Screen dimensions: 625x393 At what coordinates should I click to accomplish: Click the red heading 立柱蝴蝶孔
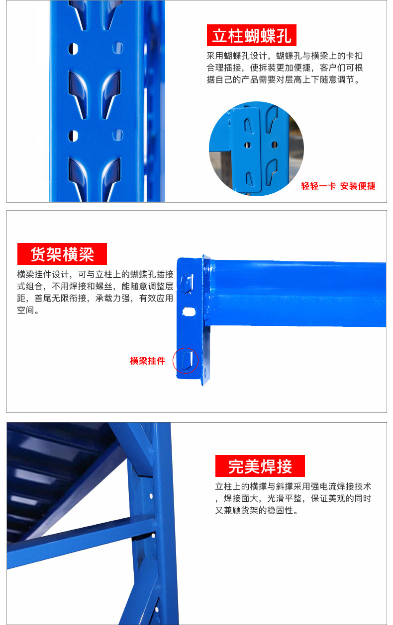(251, 36)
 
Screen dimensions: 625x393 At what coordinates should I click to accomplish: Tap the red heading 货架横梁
(62, 254)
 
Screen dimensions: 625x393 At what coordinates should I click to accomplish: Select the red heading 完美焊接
(260, 467)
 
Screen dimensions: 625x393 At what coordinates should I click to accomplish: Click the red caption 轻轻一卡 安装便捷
(338, 186)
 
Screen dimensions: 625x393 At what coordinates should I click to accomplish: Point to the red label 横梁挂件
(147, 361)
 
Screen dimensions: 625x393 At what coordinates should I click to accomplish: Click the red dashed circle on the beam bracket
(185, 360)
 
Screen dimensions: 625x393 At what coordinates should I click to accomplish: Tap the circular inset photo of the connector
(256, 149)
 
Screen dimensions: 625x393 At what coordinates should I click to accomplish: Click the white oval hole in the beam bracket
(189, 312)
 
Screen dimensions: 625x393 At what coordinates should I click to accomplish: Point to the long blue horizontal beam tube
(298, 293)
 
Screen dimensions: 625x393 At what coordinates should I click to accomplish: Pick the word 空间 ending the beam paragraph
(25, 311)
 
